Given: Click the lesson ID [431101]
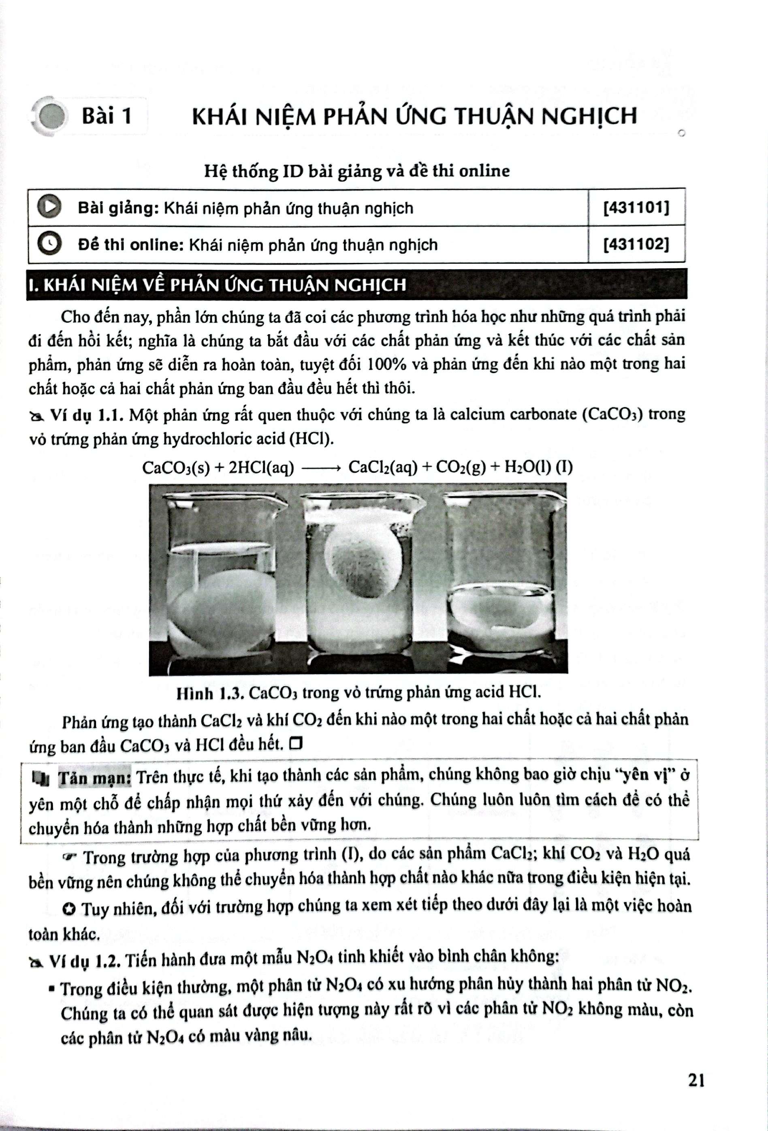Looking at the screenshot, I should click(x=636, y=208).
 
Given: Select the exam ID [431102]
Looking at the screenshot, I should click(x=636, y=244).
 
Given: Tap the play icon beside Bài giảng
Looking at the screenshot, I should click(x=49, y=207).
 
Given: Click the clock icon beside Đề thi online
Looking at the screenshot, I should click(x=49, y=244).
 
